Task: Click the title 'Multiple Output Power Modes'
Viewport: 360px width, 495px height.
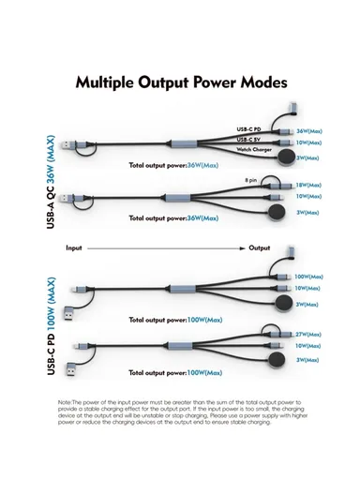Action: pos(181,82)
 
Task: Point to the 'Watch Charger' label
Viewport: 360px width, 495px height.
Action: pos(254,149)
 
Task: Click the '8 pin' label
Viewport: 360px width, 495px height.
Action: pos(251,179)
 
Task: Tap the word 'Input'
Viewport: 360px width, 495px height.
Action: pos(75,248)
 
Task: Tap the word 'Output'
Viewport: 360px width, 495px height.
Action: pos(260,248)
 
